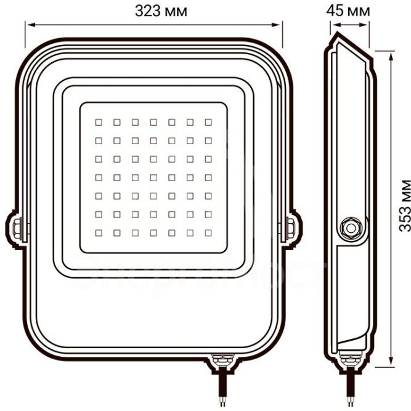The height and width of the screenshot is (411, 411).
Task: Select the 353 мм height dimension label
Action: [x=404, y=205]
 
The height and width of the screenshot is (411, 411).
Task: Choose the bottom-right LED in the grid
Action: [x=209, y=234]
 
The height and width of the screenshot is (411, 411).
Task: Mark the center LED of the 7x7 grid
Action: [x=153, y=177]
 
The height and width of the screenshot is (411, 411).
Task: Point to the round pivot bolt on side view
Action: [x=352, y=226]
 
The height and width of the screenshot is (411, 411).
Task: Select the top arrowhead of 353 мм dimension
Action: [x=391, y=54]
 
